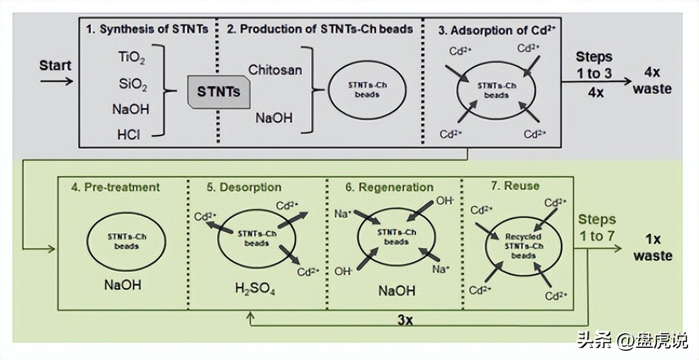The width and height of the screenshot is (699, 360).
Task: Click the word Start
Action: point(55,65)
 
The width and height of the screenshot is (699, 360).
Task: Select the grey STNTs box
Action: point(218,93)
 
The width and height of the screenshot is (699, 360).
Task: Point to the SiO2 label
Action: point(133,84)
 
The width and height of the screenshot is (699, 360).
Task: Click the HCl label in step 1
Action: point(129,134)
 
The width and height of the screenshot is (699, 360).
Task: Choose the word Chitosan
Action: point(275,70)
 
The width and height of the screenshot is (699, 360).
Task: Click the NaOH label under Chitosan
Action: point(273,117)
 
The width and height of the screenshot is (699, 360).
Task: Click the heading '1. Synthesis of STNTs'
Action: point(147,29)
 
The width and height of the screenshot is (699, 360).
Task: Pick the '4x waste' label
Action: point(652,80)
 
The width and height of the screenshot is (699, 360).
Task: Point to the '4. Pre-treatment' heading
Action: point(115,187)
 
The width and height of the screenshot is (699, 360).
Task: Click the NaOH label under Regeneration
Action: point(396,290)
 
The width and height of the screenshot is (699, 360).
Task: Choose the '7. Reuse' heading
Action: point(515,185)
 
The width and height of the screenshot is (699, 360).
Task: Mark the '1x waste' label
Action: point(652,247)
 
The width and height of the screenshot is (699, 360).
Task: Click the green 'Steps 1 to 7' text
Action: point(597,227)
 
